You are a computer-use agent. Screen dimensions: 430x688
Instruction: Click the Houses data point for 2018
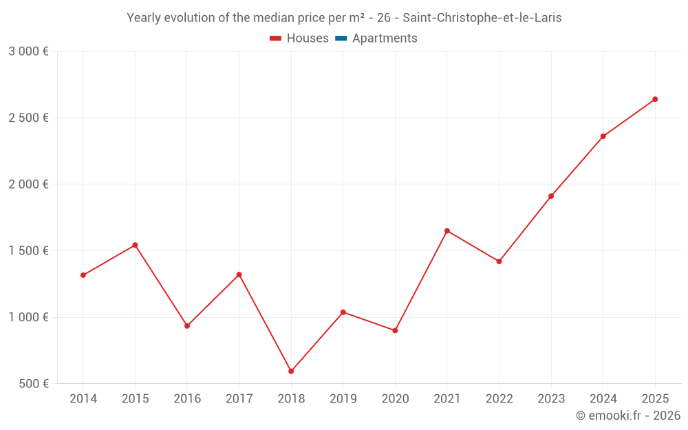click(x=291, y=372)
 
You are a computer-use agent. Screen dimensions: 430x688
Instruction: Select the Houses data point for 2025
click(x=655, y=99)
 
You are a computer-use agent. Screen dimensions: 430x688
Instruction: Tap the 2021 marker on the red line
click(x=447, y=231)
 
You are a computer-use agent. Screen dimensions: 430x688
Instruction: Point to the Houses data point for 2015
click(x=135, y=245)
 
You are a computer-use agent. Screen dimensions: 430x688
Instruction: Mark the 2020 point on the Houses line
click(x=395, y=331)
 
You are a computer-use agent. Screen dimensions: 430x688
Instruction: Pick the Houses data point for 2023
click(x=551, y=196)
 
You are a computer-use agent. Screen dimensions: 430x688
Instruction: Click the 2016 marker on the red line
click(x=187, y=326)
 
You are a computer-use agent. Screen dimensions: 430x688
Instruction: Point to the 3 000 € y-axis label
click(x=28, y=52)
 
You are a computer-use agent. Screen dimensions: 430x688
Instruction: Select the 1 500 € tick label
click(x=28, y=251)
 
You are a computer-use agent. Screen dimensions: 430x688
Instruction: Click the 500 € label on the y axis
click(x=34, y=384)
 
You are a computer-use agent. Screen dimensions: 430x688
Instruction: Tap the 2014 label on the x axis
click(x=83, y=399)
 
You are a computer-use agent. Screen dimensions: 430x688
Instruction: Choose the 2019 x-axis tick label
click(x=343, y=399)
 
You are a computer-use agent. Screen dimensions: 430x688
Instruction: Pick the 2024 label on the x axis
click(x=603, y=399)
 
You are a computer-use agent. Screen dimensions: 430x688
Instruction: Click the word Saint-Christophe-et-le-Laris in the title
click(x=482, y=18)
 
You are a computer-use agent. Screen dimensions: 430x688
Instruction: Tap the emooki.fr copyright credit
click(x=628, y=416)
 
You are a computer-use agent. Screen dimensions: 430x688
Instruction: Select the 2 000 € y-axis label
click(x=28, y=184)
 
